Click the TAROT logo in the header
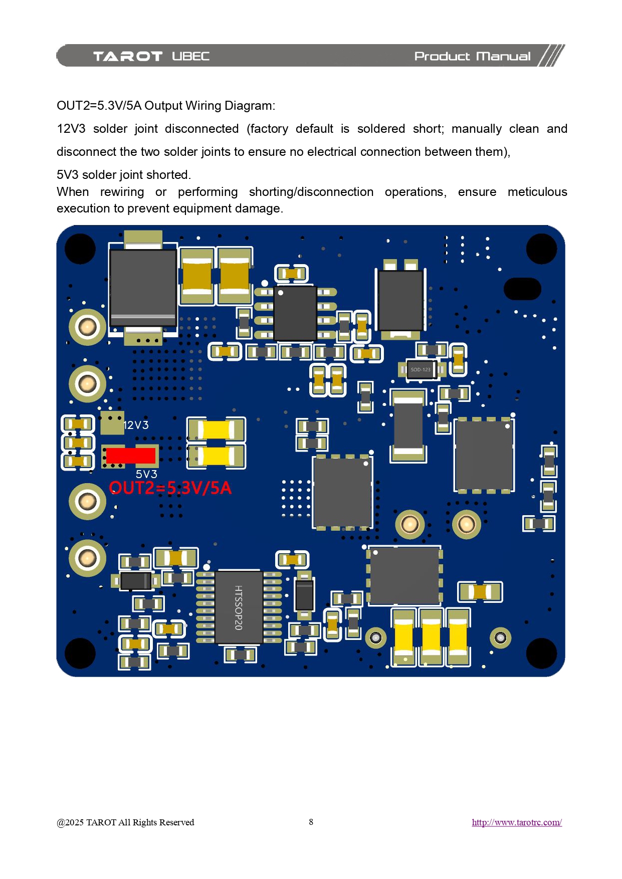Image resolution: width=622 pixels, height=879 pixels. (128, 56)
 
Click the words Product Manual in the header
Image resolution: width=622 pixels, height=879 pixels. (472, 56)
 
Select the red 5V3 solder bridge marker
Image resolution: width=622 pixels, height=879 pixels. (130, 456)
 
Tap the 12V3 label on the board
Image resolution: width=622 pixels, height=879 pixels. (136, 425)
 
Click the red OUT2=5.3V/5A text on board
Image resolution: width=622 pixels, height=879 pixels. (170, 488)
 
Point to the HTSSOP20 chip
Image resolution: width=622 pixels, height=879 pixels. (239, 607)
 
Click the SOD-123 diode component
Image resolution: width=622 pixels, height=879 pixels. (421, 369)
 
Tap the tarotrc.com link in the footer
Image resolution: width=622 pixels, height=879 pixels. (516, 822)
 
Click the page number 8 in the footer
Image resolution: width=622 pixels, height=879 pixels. (311, 822)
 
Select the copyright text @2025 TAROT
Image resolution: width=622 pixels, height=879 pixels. (125, 822)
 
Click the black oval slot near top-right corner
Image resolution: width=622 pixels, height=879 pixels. (522, 289)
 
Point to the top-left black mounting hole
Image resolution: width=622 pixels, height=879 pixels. (80, 249)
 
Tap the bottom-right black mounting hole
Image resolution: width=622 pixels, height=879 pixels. (541, 653)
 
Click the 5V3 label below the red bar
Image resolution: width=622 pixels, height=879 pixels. (146, 474)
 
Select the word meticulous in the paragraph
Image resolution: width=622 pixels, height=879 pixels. (537, 192)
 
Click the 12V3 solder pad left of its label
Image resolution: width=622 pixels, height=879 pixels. (112, 424)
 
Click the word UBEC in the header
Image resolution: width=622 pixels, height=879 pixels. (190, 56)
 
